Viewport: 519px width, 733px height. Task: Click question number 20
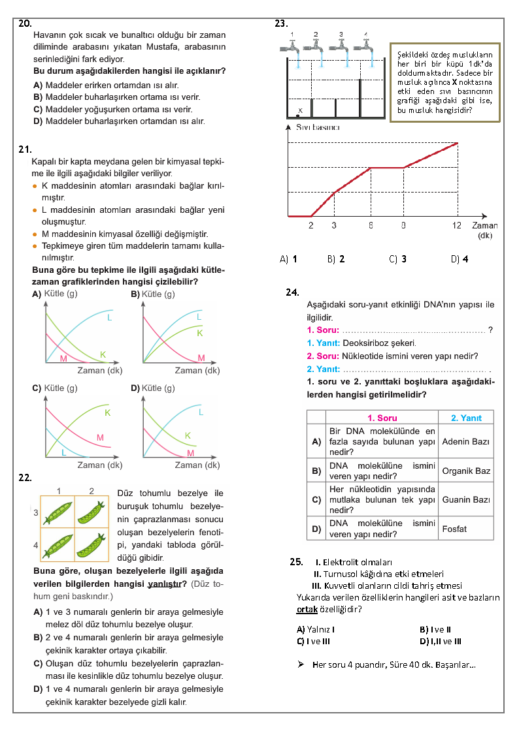pos(24,23)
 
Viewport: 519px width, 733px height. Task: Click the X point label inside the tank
pos(299,110)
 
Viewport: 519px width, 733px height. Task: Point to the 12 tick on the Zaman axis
pos(457,225)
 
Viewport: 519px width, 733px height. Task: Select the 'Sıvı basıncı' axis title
pos(318,127)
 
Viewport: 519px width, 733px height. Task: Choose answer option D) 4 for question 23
pos(460,258)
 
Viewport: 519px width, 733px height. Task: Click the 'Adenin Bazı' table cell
pos(465,442)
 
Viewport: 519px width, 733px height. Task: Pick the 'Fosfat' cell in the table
pos(454,529)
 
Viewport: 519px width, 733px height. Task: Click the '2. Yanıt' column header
pos(466,418)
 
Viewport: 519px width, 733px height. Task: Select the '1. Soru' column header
pos(382,418)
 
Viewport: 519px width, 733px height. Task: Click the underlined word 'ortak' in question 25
pos(307,609)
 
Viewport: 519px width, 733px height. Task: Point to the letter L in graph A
pos(109,317)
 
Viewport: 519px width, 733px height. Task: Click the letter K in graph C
pos(108,413)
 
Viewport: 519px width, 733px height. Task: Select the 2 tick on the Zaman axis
pos(310,225)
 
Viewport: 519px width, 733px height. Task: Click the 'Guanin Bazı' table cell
pos(466,500)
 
